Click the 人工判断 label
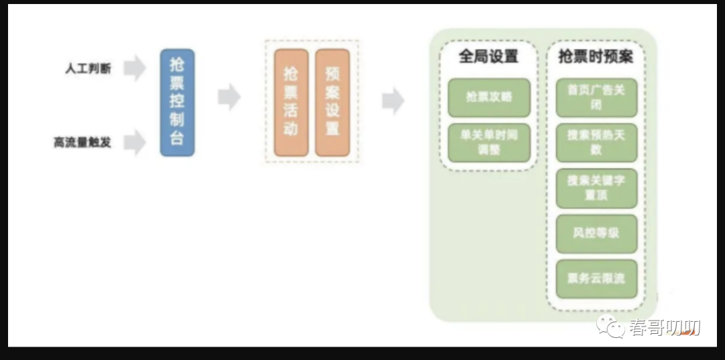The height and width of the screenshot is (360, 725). point(88,69)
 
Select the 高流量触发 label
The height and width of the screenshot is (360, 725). point(83,142)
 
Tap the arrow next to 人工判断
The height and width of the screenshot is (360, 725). point(134,69)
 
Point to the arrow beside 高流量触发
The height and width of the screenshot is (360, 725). point(134,142)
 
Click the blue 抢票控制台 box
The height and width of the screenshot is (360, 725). point(177,102)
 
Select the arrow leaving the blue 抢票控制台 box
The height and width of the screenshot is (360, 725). point(229,97)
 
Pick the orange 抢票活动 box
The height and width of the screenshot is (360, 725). point(291,102)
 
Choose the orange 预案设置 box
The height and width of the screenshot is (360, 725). point(332,102)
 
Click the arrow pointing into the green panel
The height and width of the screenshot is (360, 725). point(393,101)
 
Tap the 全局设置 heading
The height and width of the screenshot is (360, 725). point(489,56)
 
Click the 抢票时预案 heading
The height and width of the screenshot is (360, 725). point(595,56)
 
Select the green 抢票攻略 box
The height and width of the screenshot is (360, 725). point(489,97)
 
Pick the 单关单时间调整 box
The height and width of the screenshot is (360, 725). point(489,142)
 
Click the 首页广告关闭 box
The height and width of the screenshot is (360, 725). point(596,97)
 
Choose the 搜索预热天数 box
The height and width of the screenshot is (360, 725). point(596,142)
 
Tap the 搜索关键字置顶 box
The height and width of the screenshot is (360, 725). point(596,187)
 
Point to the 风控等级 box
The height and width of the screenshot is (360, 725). point(596,233)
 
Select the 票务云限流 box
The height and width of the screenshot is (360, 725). point(596,279)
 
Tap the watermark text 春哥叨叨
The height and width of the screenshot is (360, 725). point(665,328)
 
